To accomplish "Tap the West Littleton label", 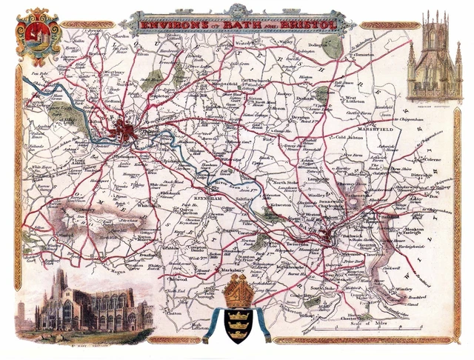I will click(356, 99).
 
